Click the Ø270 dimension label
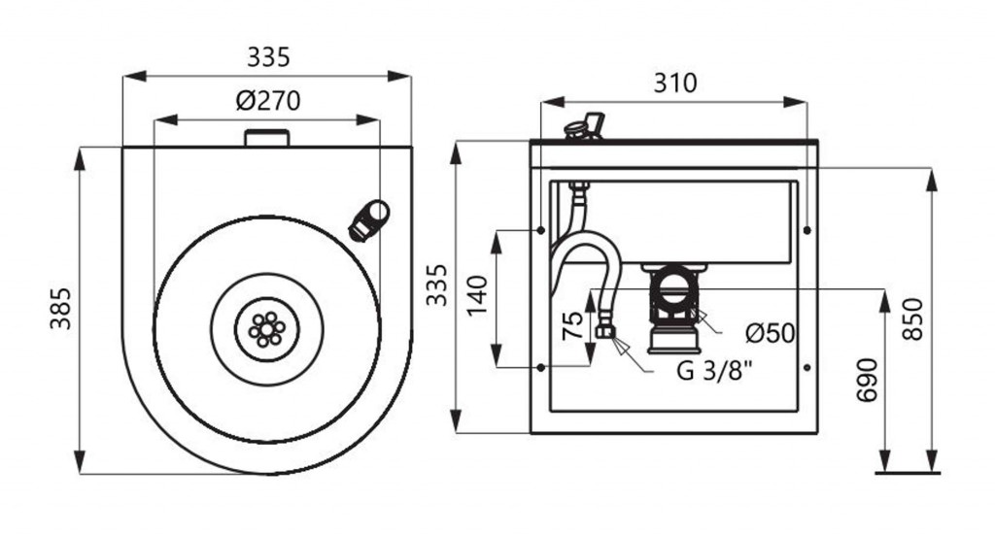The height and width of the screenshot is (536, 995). (x=267, y=101)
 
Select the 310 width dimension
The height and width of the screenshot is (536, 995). (x=674, y=84)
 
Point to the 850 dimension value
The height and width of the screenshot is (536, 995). (x=913, y=318)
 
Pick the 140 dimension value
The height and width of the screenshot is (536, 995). (x=476, y=296)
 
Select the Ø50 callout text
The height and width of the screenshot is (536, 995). (x=771, y=333)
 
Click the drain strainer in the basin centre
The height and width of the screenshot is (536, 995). (x=266, y=329)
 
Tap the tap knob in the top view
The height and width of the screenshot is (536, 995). (x=370, y=219)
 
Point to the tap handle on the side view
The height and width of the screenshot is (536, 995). (x=585, y=126)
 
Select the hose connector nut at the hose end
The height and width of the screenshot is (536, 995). (x=605, y=333)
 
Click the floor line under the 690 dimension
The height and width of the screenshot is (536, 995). (x=908, y=473)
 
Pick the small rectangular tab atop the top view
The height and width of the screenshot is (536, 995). (x=267, y=138)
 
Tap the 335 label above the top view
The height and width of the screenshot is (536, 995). (x=267, y=57)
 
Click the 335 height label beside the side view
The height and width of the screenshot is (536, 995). (x=439, y=285)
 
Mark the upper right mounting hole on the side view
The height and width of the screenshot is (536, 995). (x=808, y=230)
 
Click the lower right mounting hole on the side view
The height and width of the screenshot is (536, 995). (x=808, y=366)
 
